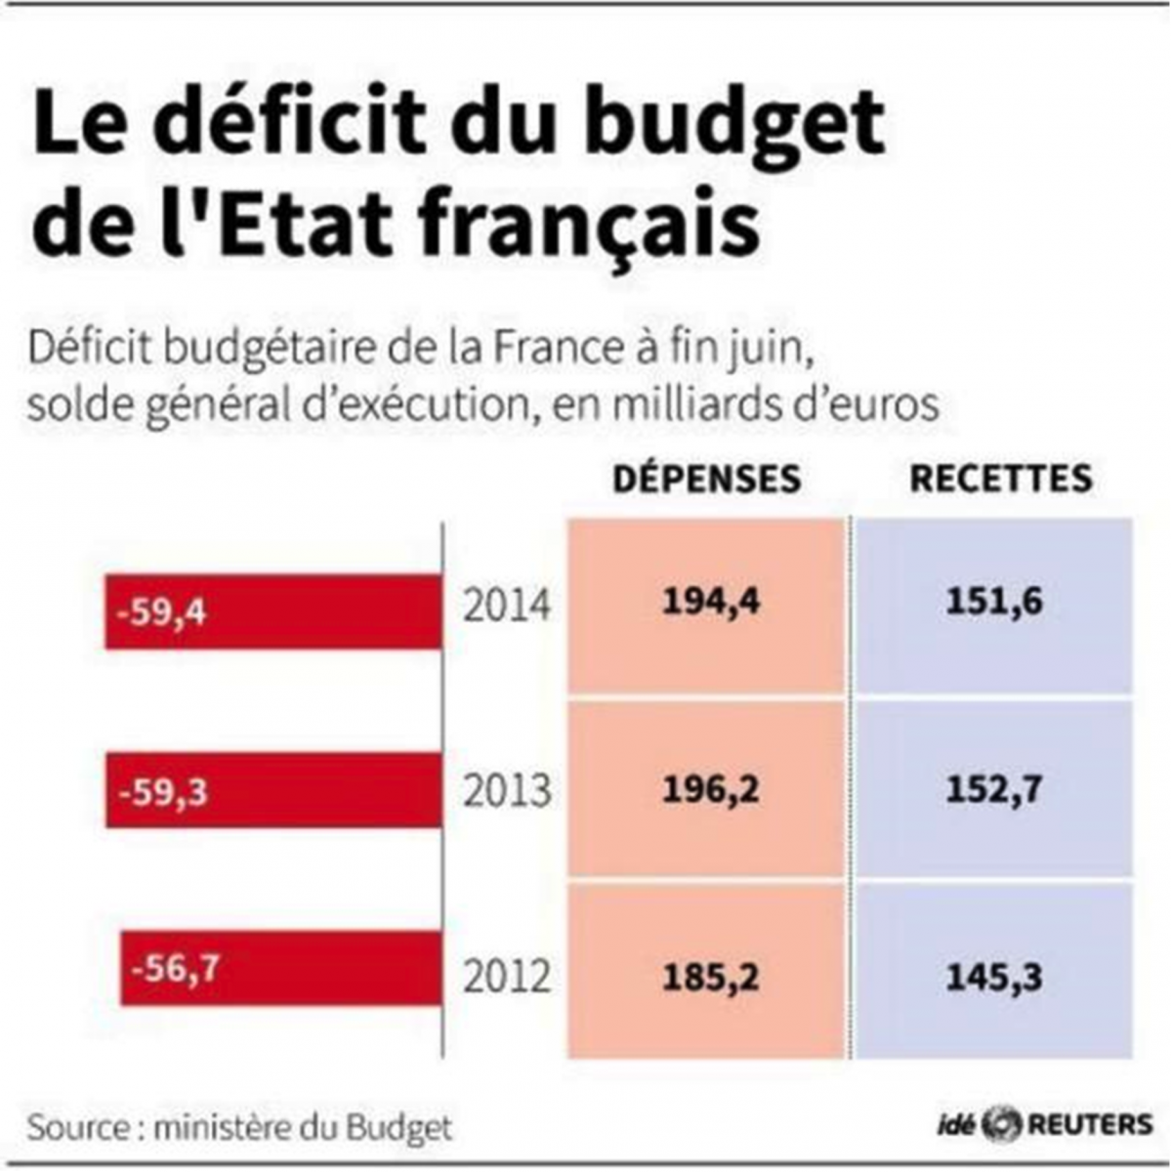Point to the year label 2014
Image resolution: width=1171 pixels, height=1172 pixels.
506,607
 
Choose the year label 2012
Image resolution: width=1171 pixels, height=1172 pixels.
506,976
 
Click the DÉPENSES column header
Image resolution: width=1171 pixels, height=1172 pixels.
706,479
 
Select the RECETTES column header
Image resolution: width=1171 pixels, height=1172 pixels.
1001,479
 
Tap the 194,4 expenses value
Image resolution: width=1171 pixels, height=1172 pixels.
710,603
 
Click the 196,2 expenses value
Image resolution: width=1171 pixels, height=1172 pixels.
710,788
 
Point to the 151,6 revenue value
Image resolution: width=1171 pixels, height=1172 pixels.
994,603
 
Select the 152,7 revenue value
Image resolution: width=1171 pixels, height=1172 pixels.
994,788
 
